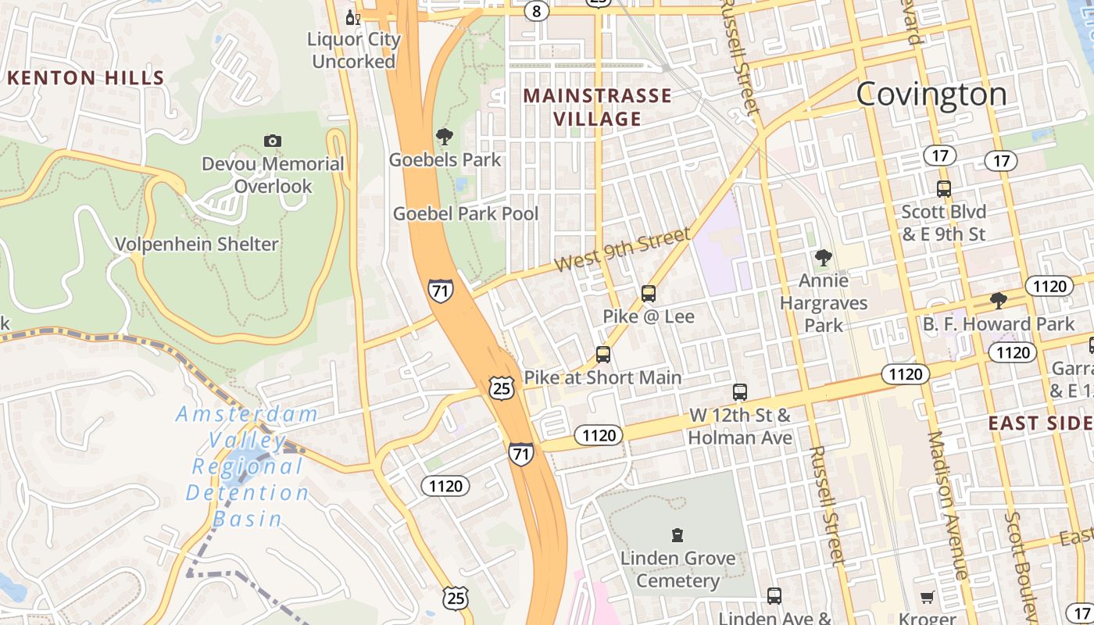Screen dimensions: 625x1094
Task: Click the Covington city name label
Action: [x=931, y=95]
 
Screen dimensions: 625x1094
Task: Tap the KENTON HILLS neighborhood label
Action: [x=86, y=78]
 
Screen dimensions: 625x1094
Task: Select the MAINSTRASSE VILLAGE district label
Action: [x=598, y=107]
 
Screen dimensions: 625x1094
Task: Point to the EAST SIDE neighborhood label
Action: [x=1040, y=423]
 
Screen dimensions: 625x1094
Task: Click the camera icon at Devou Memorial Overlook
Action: [x=272, y=141]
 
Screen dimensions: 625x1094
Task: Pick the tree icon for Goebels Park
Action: [x=445, y=137]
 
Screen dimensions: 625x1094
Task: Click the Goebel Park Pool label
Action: [x=466, y=213]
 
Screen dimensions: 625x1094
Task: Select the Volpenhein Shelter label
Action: [x=197, y=245]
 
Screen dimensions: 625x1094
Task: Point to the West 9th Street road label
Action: [x=622, y=250]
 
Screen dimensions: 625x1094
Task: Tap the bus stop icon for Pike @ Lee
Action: [x=648, y=294]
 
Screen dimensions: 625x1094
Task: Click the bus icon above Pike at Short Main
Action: [x=602, y=355]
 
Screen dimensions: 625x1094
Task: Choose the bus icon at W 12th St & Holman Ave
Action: [x=740, y=392]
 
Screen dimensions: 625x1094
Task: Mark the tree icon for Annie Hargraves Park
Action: [x=823, y=257]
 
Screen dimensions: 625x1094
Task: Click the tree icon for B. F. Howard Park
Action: [x=998, y=301]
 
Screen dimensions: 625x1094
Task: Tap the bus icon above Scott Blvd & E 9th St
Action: [x=943, y=189]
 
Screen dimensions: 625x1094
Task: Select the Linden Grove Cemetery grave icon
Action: [x=677, y=535]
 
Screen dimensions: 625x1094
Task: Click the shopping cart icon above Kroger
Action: [x=927, y=598]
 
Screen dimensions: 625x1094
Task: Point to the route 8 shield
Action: [x=535, y=11]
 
